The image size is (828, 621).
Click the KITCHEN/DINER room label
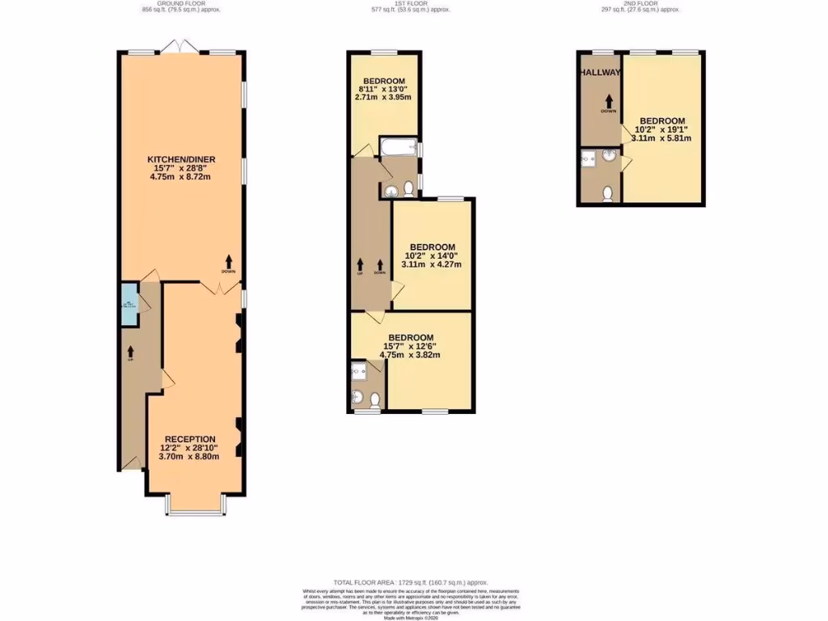point(180,158)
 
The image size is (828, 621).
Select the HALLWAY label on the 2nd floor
point(599,72)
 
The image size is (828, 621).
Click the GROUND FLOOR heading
point(180,4)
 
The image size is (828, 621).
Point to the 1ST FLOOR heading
point(410,4)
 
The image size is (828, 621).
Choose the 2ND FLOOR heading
point(640,4)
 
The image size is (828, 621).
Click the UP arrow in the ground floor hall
point(129,353)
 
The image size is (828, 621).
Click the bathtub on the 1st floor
point(397,148)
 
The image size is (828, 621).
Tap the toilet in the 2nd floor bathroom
point(607,193)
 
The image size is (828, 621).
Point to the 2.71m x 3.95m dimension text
point(384,97)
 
